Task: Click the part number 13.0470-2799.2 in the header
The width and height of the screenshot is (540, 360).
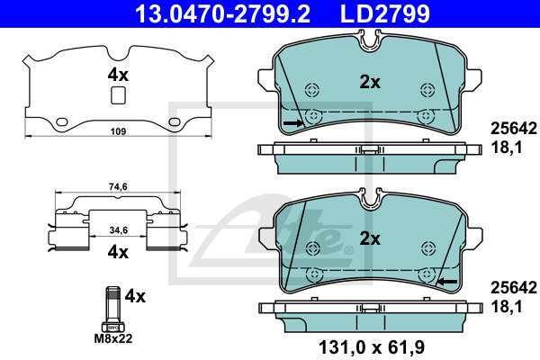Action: pyautogui.click(x=222, y=13)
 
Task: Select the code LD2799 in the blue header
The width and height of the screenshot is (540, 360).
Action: pyautogui.click(x=385, y=13)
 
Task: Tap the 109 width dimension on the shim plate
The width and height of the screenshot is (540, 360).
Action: pyautogui.click(x=118, y=131)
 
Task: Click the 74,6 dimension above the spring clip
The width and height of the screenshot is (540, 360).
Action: pyautogui.click(x=118, y=186)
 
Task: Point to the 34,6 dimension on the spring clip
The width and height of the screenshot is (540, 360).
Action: pyautogui.click(x=119, y=230)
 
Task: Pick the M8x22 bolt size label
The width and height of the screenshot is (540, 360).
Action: pyautogui.click(x=113, y=338)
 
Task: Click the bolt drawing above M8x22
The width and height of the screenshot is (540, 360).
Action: pyautogui.click(x=113, y=309)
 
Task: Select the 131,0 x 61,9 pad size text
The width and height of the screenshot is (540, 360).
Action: pyautogui.click(x=372, y=347)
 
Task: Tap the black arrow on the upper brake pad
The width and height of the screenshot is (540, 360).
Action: pyautogui.click(x=293, y=123)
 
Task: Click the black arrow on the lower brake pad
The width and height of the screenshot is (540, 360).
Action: pyautogui.click(x=447, y=282)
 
